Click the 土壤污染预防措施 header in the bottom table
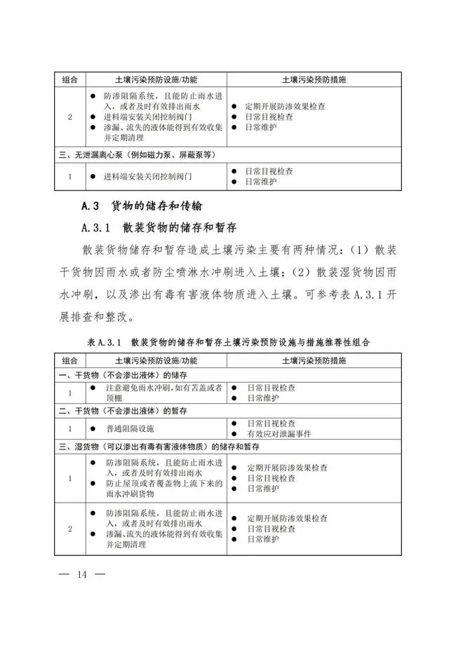(x=313, y=360)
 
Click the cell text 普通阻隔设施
(x=130, y=428)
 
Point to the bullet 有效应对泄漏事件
(x=283, y=433)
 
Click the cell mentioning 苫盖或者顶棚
(x=159, y=393)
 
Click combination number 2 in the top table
(x=69, y=117)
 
